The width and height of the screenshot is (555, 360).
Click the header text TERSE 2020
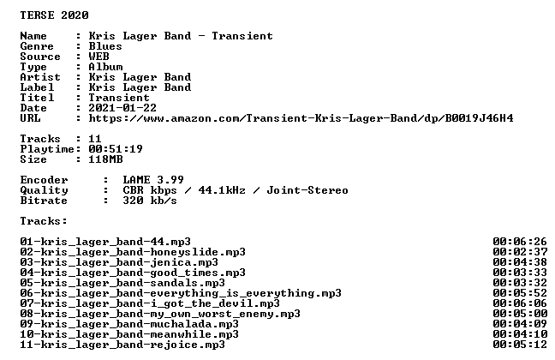[54, 15]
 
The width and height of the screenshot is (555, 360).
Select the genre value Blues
[105, 46]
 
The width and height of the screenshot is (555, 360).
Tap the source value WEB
[98, 57]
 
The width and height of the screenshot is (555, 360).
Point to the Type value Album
[105, 67]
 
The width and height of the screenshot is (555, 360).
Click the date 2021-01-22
[122, 108]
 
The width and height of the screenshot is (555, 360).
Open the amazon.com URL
[301, 118]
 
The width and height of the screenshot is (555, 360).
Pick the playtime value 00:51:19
[116, 149]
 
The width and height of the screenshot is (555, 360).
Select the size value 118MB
[105, 159]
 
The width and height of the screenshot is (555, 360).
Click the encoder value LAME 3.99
[153, 180]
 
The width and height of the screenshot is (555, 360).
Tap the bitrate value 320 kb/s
[150, 201]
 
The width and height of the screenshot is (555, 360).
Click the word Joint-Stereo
[307, 190]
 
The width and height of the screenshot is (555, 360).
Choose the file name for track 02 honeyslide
[133, 252]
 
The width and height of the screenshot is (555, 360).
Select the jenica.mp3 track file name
[119, 262]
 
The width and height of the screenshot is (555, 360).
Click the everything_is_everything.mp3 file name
[181, 293]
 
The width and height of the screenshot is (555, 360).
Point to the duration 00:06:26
[520, 242]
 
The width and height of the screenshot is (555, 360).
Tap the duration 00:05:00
[520, 314]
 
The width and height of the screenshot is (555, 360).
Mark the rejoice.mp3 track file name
[122, 345]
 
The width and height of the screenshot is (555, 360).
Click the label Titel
[37, 98]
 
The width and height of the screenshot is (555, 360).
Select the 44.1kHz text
[222, 190]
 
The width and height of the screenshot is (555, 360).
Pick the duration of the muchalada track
[520, 324]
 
